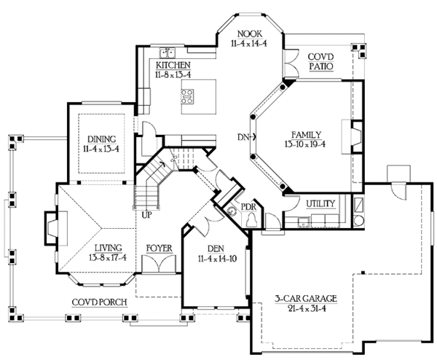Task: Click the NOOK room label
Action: click(249, 34)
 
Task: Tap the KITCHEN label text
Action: click(173, 66)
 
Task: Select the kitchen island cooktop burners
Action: click(187, 96)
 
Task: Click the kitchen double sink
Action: click(167, 52)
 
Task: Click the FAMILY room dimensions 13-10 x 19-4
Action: click(305, 144)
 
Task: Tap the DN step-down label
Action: click(243, 137)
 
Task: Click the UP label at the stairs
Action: click(146, 215)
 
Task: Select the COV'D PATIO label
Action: click(320, 62)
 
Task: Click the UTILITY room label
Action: click(320, 204)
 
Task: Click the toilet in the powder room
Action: click(251, 219)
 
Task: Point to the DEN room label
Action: click(216, 249)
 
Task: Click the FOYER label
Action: click(160, 249)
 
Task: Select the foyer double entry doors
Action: click(159, 263)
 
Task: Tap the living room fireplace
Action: click(56, 228)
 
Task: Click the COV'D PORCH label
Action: click(99, 302)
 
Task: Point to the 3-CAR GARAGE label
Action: click(306, 299)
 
